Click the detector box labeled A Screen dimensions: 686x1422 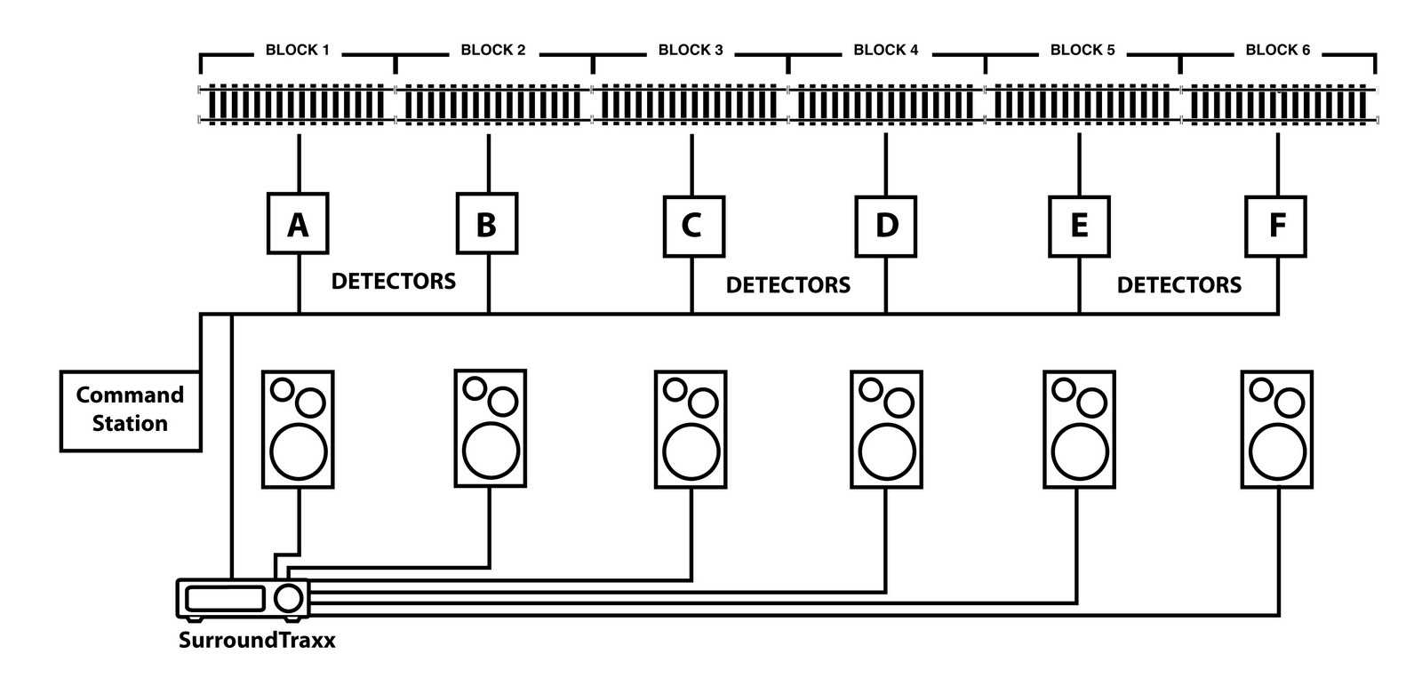tap(298, 224)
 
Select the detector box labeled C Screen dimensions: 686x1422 tap(693, 226)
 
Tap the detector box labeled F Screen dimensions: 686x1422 tap(1275, 226)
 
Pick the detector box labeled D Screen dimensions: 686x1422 tap(886, 226)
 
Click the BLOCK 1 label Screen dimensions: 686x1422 tap(297, 51)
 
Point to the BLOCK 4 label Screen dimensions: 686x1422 tap(885, 51)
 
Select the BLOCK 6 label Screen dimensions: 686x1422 tap(1277, 51)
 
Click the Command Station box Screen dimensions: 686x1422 tap(130, 410)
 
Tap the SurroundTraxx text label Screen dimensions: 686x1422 tap(257, 640)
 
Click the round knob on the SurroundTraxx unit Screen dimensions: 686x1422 tap(288, 598)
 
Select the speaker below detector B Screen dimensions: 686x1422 tap(490, 428)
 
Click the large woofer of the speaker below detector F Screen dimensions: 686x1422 tap(1277, 452)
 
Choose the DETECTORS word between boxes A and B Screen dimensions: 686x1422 tap(393, 282)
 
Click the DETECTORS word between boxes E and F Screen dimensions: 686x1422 tap(1178, 285)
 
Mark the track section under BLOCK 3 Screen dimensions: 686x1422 tap(690, 104)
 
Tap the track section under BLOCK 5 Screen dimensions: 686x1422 tap(1082, 104)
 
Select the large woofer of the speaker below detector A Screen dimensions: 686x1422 tap(299, 452)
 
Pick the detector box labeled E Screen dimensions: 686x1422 tap(1079, 226)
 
